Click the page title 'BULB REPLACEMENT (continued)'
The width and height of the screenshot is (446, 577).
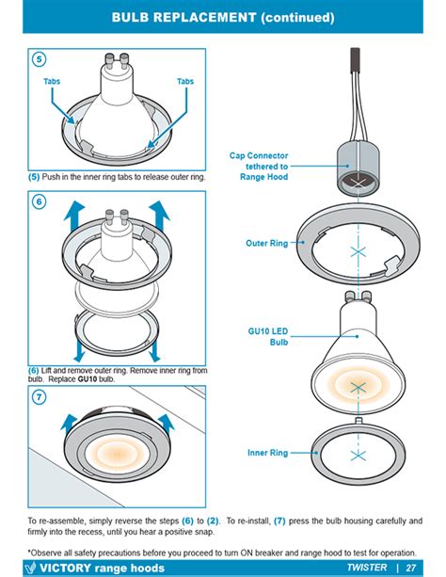click(222, 17)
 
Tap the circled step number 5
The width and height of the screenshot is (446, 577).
click(38, 60)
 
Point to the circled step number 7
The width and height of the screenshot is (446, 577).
click(38, 398)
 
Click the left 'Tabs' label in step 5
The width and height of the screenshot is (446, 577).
click(54, 82)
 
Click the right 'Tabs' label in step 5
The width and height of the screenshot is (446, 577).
click(184, 82)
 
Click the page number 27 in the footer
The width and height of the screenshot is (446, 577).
click(411, 568)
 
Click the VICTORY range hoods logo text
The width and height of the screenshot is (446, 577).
click(94, 568)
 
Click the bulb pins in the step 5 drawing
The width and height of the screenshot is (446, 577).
click(119, 67)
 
